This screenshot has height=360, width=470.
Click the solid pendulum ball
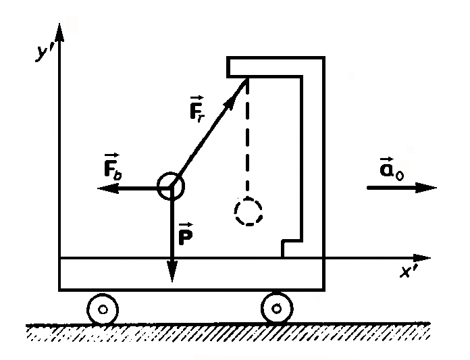click(x=170, y=187)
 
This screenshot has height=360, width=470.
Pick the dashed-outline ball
click(x=248, y=211)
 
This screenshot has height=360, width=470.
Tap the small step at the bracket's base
click(x=291, y=247)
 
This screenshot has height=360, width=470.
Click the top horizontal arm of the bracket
click(x=277, y=67)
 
